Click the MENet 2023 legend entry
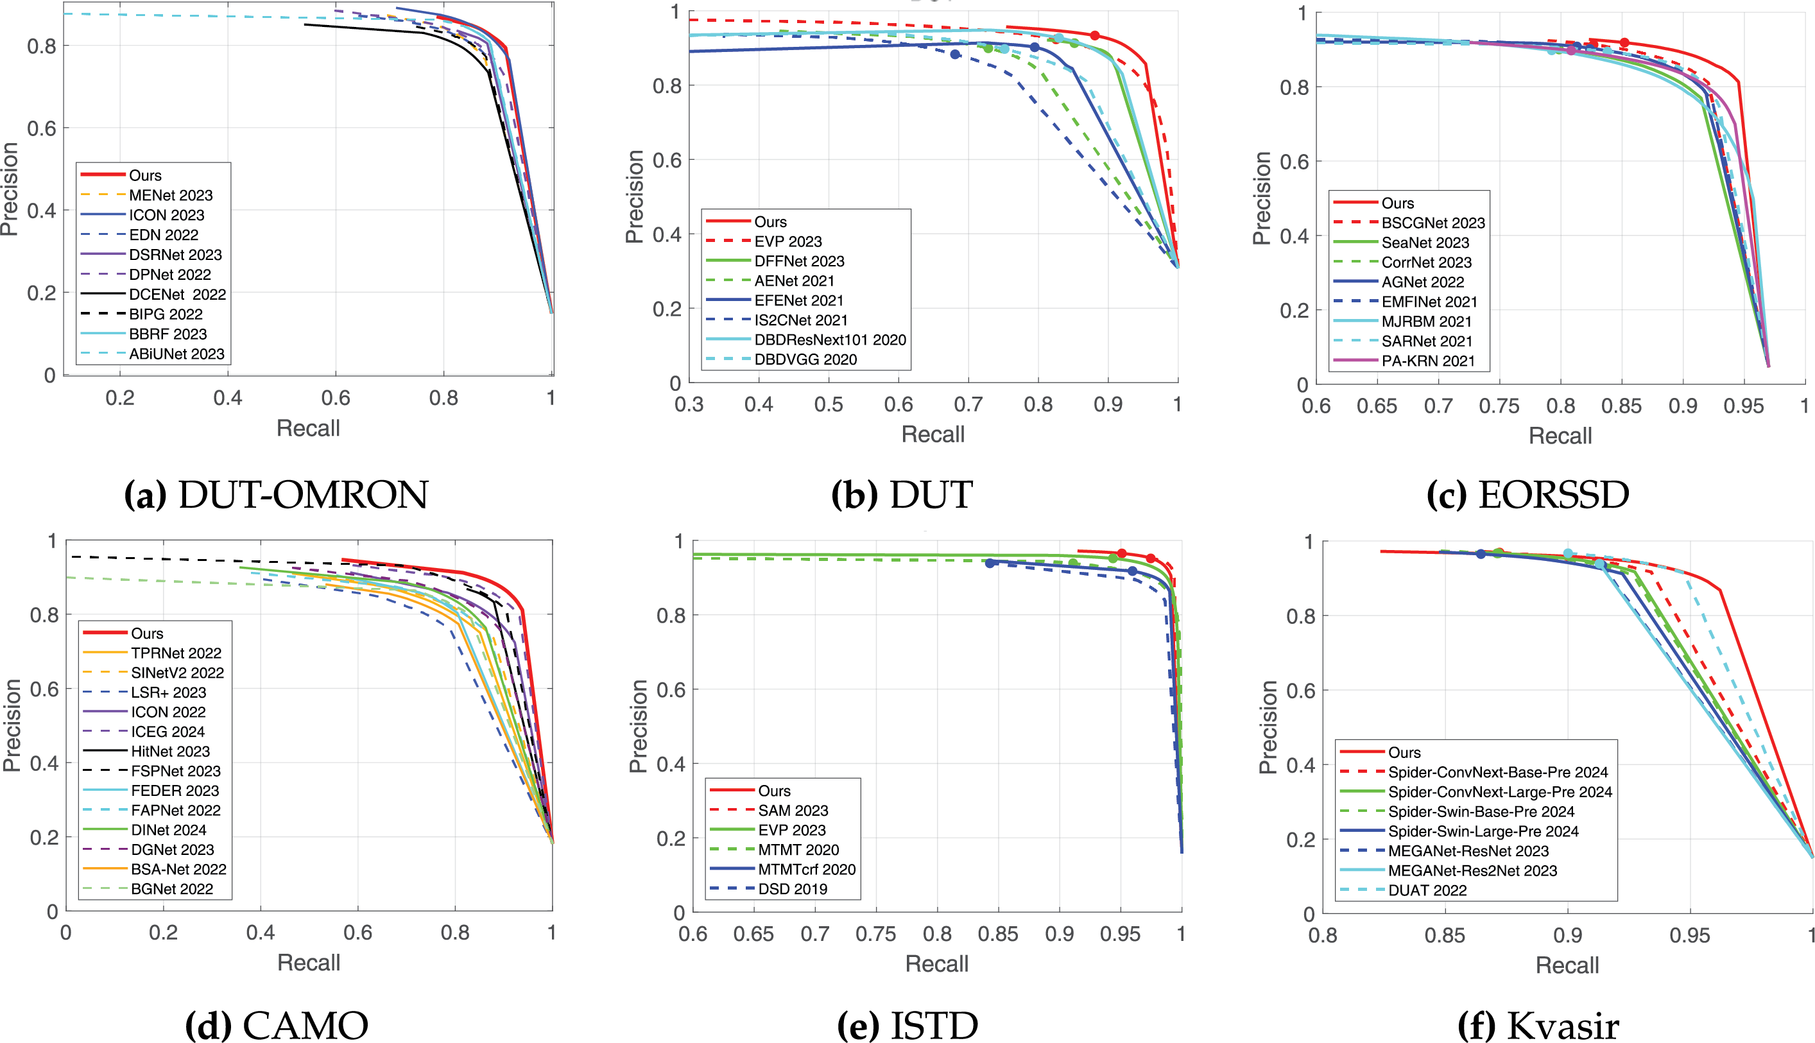pyautogui.click(x=171, y=195)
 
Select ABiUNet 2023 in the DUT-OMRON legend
pyautogui.click(x=176, y=354)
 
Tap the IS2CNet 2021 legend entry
pyautogui.click(x=800, y=320)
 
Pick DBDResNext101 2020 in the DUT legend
pyautogui.click(x=829, y=340)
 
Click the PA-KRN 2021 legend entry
pyautogui.click(x=1427, y=361)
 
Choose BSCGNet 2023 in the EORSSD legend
pyautogui.click(x=1432, y=223)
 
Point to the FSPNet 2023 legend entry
pyautogui.click(x=175, y=771)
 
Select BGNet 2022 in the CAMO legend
pyautogui.click(x=172, y=889)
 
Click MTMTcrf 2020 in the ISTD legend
pyautogui.click(x=807, y=869)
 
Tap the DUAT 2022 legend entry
pyautogui.click(x=1427, y=890)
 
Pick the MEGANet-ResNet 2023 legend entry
pyautogui.click(x=1468, y=851)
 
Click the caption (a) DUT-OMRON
pyautogui.click(x=277, y=495)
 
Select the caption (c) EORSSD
pyautogui.click(x=1527, y=495)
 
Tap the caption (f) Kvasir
pyautogui.click(x=1538, y=1025)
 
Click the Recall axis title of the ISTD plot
pyautogui.click(x=936, y=963)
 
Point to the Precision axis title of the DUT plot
pyautogui.click(x=635, y=197)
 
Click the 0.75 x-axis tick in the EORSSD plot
pyautogui.click(x=1499, y=406)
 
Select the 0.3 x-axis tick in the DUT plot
pyautogui.click(x=689, y=405)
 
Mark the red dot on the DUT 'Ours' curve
pyautogui.click(x=1094, y=36)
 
